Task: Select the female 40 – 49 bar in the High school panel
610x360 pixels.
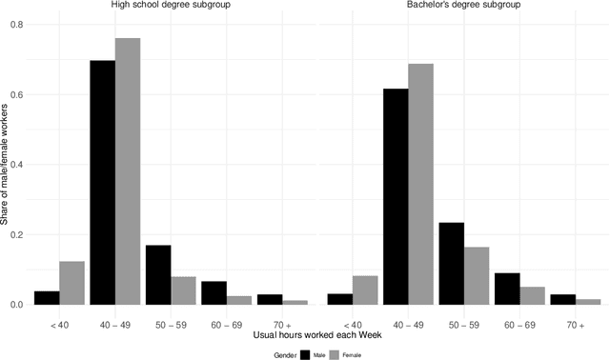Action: (x=128, y=171)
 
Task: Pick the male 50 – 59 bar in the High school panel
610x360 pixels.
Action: (x=158, y=275)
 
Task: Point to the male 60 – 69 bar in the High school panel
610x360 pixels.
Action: (x=213, y=293)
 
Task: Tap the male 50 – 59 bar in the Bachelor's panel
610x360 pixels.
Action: (x=451, y=264)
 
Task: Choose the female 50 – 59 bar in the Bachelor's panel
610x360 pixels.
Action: (x=476, y=276)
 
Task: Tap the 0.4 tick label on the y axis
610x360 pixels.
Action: (x=17, y=165)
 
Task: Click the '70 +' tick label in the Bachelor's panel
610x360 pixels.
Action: (x=574, y=324)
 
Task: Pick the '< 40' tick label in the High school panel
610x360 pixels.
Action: (x=60, y=324)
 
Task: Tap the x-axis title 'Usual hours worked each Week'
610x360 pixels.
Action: (x=316, y=335)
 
